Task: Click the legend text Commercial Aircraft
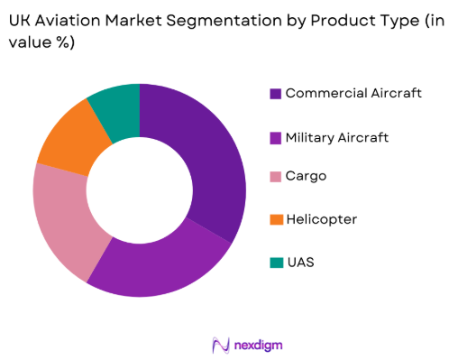click(x=353, y=93)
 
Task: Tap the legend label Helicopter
click(x=322, y=220)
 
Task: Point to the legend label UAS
click(x=299, y=263)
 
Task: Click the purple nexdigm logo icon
click(x=221, y=344)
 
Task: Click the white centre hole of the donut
click(x=140, y=190)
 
